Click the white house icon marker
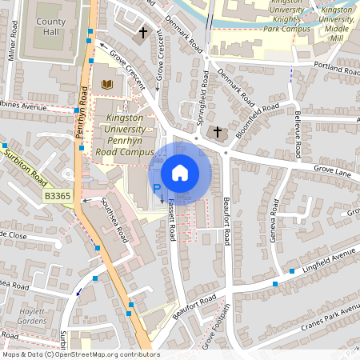pyautogui.click(x=180, y=173)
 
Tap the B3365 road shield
pyautogui.click(x=57, y=195)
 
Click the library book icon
pyautogui.click(x=107, y=84)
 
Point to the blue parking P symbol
pyautogui.click(x=157, y=189)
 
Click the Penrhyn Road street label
pyautogui.click(x=81, y=120)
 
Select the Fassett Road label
pyautogui.click(x=171, y=223)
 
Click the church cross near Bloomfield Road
pyautogui.click(x=216, y=131)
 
